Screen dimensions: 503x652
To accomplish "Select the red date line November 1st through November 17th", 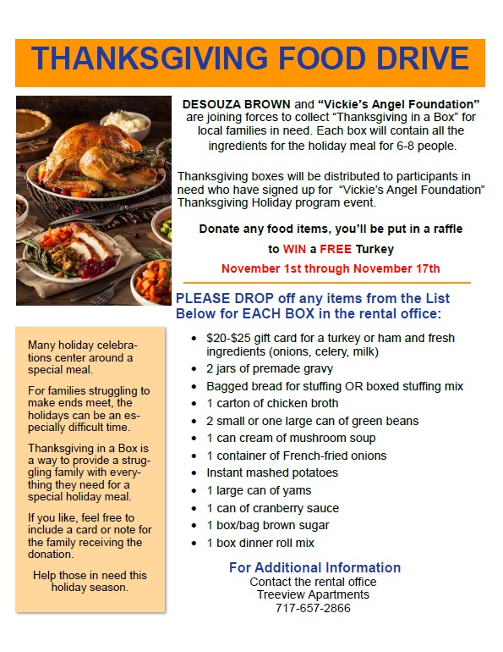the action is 331,268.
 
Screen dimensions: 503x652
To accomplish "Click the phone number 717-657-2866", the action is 313,608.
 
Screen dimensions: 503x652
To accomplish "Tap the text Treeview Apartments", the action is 313,594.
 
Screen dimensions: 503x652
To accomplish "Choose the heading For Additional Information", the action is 314,567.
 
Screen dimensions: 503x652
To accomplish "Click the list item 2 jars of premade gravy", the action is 270,368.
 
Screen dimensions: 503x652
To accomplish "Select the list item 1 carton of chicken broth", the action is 272,403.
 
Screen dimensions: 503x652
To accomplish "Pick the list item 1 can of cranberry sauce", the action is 272,508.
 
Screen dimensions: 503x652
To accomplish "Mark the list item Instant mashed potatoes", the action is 272,472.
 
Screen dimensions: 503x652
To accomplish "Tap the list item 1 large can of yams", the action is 259,490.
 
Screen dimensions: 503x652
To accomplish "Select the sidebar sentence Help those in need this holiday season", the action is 90,581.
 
